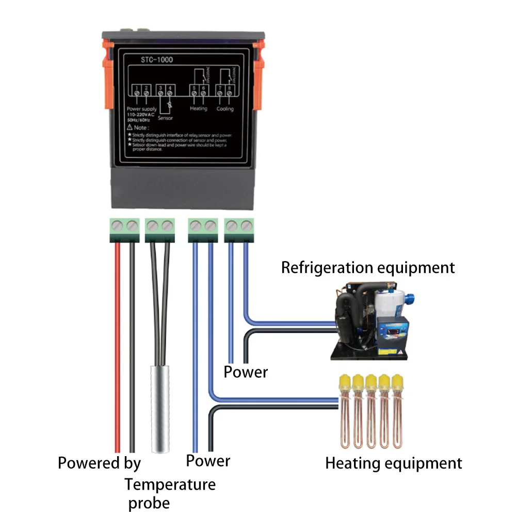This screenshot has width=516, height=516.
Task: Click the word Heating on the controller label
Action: pos(199,109)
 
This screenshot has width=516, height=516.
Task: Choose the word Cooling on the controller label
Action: pos(225,109)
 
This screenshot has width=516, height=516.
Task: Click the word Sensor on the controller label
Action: pos(166,118)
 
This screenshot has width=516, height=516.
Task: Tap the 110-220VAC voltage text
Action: pos(140,114)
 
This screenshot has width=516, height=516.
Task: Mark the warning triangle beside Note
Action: pos(129,127)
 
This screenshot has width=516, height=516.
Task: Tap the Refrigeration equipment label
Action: pos(368,268)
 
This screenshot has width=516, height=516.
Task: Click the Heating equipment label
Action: pos(393,463)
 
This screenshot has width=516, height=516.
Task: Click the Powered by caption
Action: pos(99,462)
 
